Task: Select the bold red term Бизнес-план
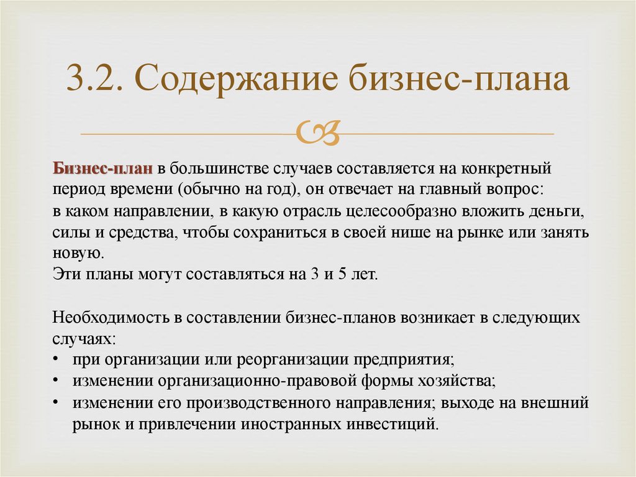tap(102, 169)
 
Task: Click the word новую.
tap(76, 253)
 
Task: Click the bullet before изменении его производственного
tap(57, 403)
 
